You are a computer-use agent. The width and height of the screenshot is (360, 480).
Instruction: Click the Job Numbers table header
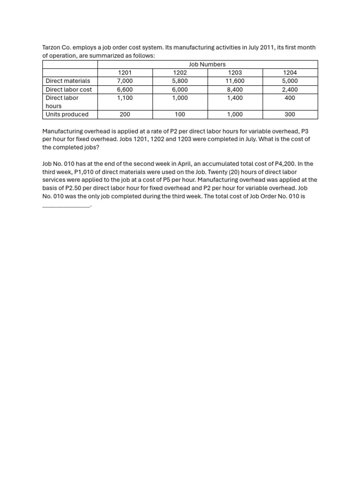(x=207, y=64)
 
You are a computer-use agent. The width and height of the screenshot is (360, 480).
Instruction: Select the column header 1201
(x=125, y=73)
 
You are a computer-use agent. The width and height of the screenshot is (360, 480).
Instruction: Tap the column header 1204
(x=290, y=73)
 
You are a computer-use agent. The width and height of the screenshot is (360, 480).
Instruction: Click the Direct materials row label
(x=68, y=81)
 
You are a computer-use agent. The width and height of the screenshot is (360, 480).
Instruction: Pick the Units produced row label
(x=67, y=114)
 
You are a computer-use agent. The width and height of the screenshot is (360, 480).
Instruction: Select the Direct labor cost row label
(x=69, y=90)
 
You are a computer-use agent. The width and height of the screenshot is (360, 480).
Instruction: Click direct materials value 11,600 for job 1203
(x=235, y=81)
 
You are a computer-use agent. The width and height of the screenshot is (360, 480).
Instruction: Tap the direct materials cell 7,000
(x=125, y=81)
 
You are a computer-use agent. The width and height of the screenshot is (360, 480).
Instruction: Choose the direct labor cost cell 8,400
(x=235, y=90)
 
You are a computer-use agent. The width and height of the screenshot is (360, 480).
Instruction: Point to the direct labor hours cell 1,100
(x=125, y=98)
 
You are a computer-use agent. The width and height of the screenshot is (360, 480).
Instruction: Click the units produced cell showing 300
(x=290, y=114)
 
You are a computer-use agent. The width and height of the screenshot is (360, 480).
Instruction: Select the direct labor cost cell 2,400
(x=290, y=90)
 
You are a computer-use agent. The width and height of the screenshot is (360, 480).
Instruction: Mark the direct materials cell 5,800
(x=180, y=81)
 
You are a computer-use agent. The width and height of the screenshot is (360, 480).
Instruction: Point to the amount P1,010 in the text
(x=85, y=172)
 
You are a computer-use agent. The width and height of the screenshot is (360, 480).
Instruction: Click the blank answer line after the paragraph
(x=66, y=205)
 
